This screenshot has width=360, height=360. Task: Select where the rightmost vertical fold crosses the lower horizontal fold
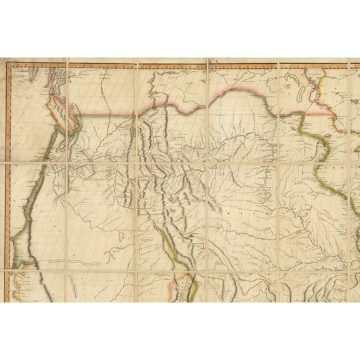click(277, 271)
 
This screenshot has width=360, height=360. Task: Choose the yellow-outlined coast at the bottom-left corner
click(22, 281)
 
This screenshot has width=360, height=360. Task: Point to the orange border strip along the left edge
click(7, 187)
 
